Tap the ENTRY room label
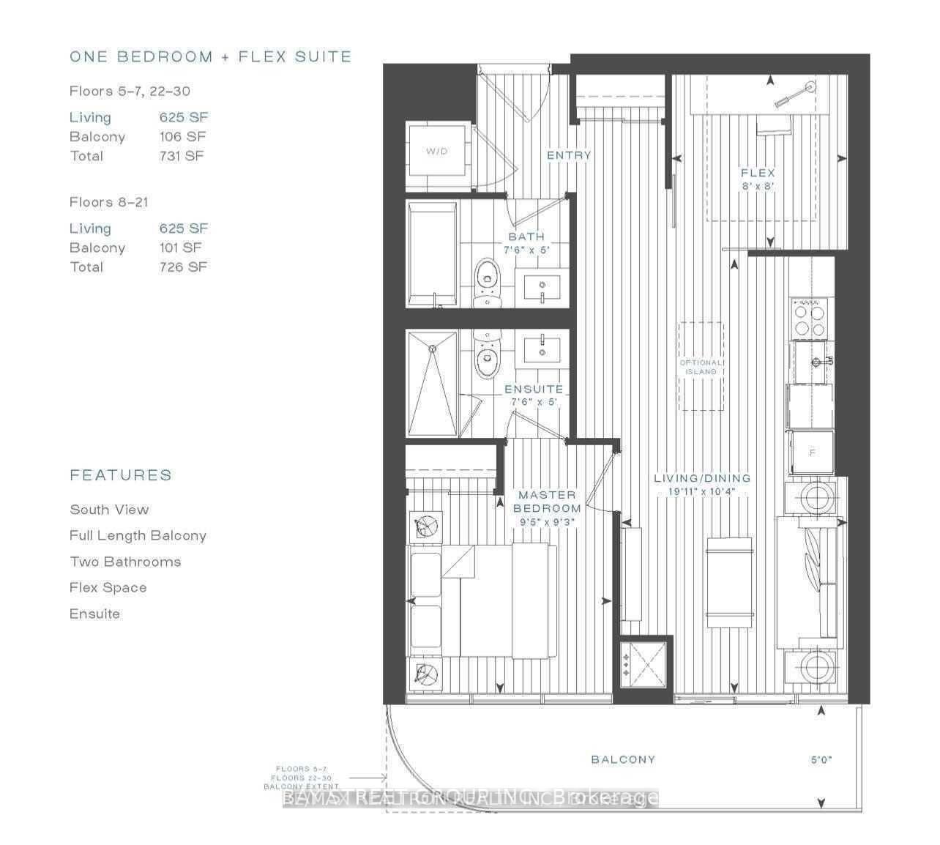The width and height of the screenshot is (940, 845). click(x=569, y=155)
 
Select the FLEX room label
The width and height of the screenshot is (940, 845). click(x=757, y=174)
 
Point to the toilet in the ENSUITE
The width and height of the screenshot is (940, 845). click(x=485, y=354)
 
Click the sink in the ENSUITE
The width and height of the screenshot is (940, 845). click(x=542, y=348)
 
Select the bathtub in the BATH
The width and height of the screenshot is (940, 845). click(x=433, y=254)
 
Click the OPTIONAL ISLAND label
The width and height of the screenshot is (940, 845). click(x=701, y=367)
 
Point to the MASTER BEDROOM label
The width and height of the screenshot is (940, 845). click(x=547, y=502)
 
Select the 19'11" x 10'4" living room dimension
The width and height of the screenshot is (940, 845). click(x=701, y=491)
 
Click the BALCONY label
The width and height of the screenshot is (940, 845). click(x=623, y=759)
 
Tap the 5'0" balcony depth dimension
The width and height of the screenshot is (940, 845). click(x=821, y=760)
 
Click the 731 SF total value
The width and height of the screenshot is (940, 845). click(x=182, y=156)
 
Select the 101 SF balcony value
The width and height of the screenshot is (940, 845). click(x=180, y=248)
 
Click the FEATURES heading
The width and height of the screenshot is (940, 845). click(x=121, y=475)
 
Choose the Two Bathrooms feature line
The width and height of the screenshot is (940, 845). click(x=125, y=562)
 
